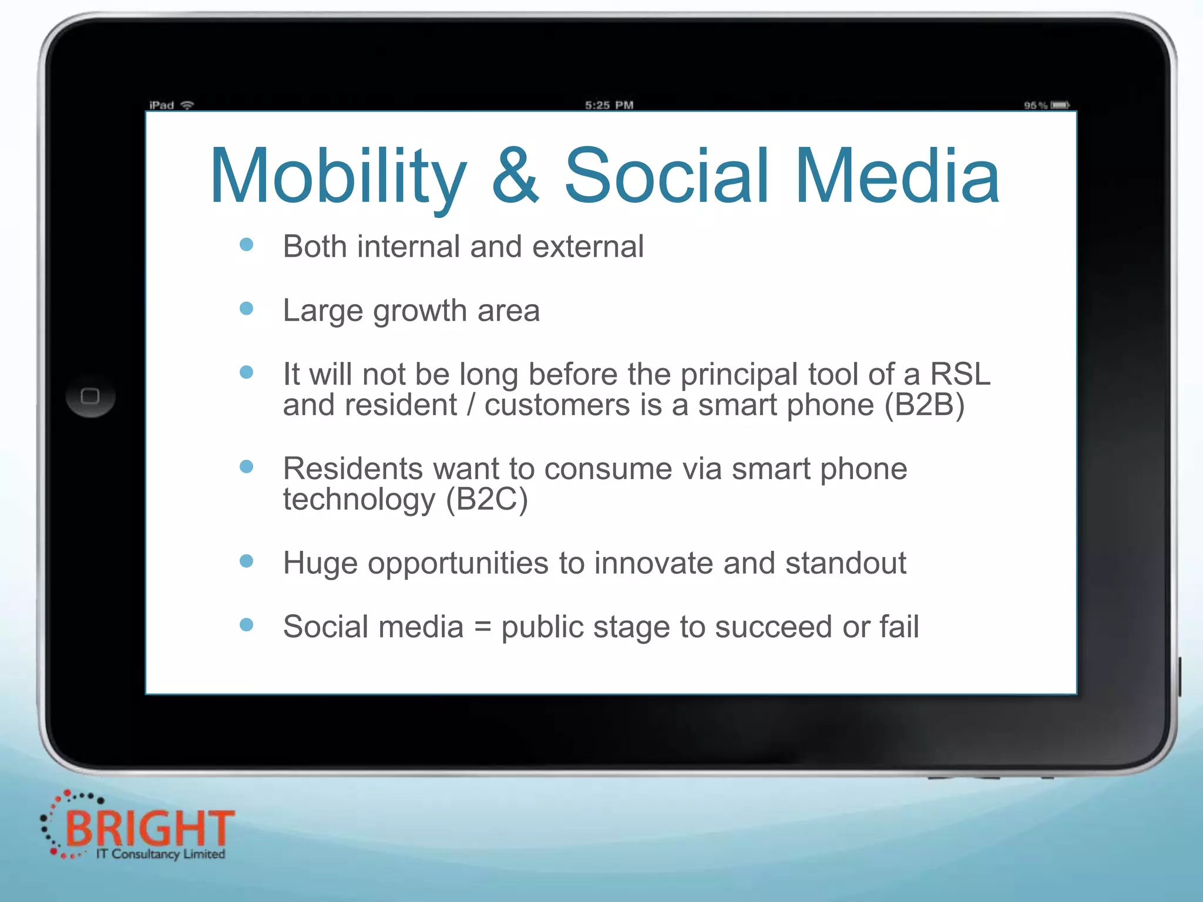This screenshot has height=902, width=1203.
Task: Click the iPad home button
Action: pyautogui.click(x=90, y=396)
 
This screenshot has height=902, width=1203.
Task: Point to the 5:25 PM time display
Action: pyautogui.click(x=609, y=105)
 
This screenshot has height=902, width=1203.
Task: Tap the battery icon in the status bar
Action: pyautogui.click(x=1060, y=105)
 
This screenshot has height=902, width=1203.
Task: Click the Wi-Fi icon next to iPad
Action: pyautogui.click(x=187, y=105)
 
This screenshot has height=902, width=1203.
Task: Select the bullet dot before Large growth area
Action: pyautogui.click(x=247, y=308)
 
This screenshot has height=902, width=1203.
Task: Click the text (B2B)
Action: pyautogui.click(x=925, y=405)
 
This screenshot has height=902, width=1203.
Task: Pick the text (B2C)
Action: pyautogui.click(x=487, y=500)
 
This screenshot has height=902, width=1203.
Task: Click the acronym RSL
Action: pyautogui.click(x=960, y=374)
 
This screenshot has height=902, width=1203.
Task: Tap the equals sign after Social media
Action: pyautogui.click(x=482, y=627)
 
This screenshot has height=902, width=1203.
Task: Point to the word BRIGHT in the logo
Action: pyautogui.click(x=150, y=828)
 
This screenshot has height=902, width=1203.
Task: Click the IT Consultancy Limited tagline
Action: pyautogui.click(x=161, y=854)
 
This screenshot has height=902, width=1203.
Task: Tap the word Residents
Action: pyautogui.click(x=352, y=469)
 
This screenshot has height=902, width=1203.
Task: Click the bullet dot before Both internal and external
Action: pyautogui.click(x=247, y=244)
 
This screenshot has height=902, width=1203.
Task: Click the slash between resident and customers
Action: pyautogui.click(x=471, y=405)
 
